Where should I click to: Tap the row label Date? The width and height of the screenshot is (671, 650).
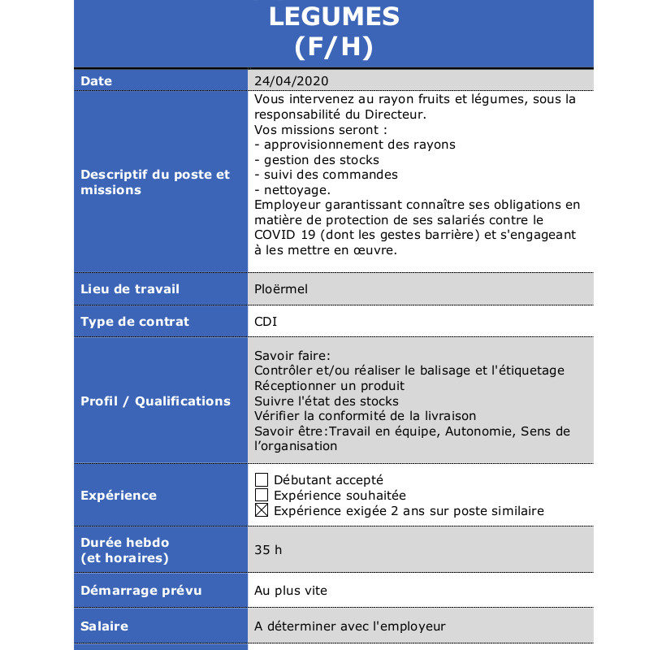[x=97, y=81]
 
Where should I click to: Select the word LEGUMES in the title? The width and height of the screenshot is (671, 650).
[x=334, y=15]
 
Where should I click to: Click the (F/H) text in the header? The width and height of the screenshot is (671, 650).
[x=334, y=47]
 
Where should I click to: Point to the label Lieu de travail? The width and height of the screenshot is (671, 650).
[x=130, y=289]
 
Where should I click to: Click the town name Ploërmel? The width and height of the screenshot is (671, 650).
[x=281, y=289]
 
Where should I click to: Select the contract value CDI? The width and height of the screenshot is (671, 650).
[x=266, y=322]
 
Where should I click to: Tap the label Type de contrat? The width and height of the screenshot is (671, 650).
[x=135, y=322]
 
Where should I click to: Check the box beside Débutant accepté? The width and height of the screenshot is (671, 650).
[x=262, y=480]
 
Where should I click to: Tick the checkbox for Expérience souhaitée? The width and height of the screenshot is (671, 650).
[x=262, y=496]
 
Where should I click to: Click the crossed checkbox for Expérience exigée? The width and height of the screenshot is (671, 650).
[x=262, y=511]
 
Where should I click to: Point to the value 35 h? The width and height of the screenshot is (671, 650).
[x=268, y=550]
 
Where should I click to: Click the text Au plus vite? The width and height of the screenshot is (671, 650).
[x=291, y=591]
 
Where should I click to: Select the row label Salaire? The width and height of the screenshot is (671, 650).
[x=105, y=626]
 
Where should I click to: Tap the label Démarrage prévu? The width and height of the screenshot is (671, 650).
[x=141, y=591]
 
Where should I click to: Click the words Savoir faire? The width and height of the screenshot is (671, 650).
[x=292, y=355]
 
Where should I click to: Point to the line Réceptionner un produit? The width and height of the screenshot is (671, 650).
[x=329, y=386]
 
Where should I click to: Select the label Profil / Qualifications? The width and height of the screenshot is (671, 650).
[x=155, y=401]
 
